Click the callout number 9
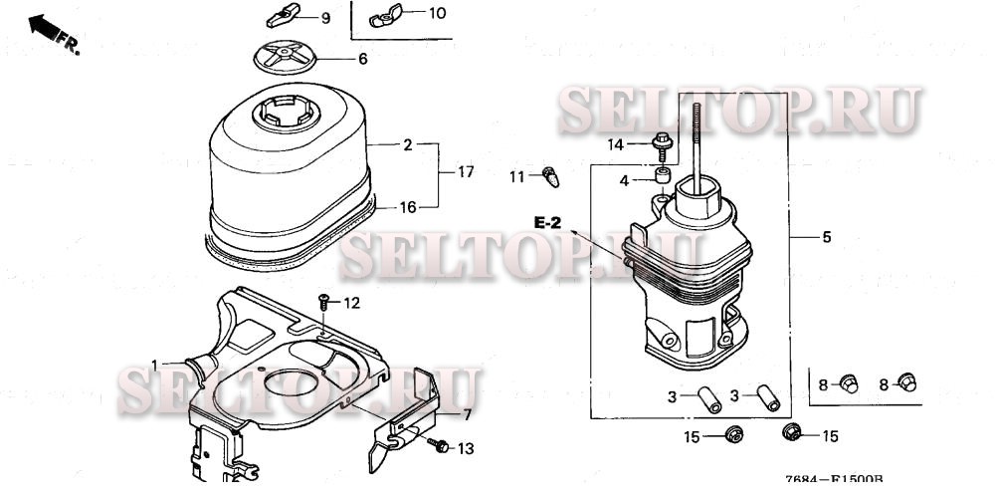(324, 19)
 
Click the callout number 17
(466, 172)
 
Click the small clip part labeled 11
(551, 177)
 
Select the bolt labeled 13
(435, 447)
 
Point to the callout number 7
(467, 415)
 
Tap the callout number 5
(826, 238)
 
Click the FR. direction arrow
(50, 30)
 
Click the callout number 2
(407, 145)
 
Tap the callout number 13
(466, 449)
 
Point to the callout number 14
(617, 144)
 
